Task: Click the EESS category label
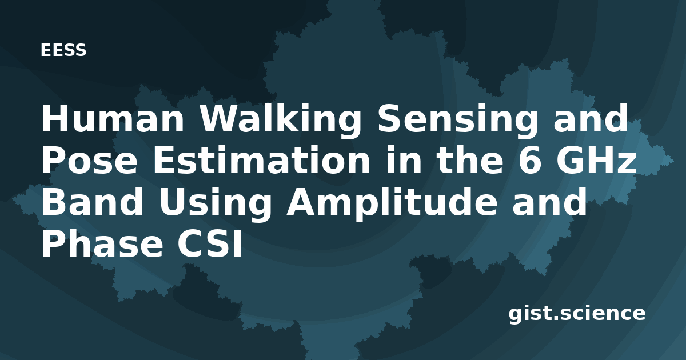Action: click(63, 50)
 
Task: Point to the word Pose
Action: click(89, 160)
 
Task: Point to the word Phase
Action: click(102, 243)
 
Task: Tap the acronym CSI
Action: click(209, 243)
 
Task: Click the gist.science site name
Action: click(577, 314)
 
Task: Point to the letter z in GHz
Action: click(625, 163)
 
